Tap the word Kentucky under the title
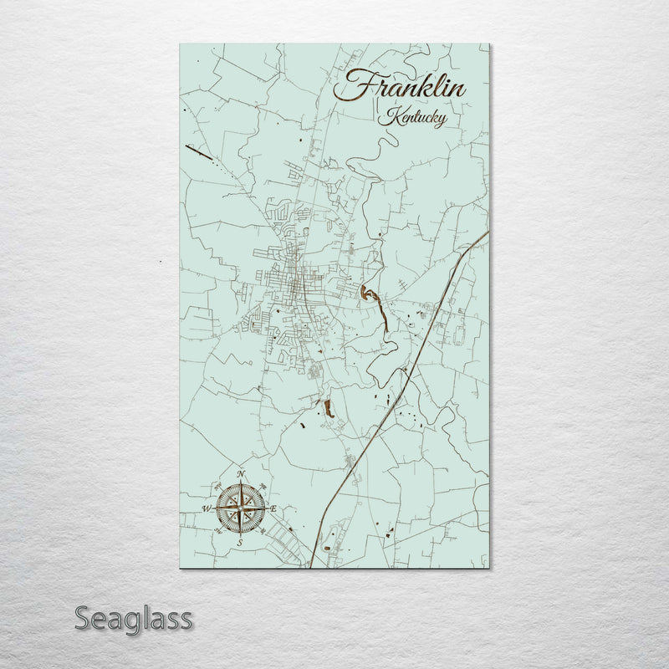coord(411,117)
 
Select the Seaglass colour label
coord(134,620)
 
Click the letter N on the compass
coord(241,475)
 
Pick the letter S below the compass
coord(240,543)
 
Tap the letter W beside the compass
coord(207,508)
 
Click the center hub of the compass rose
coord(241,508)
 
